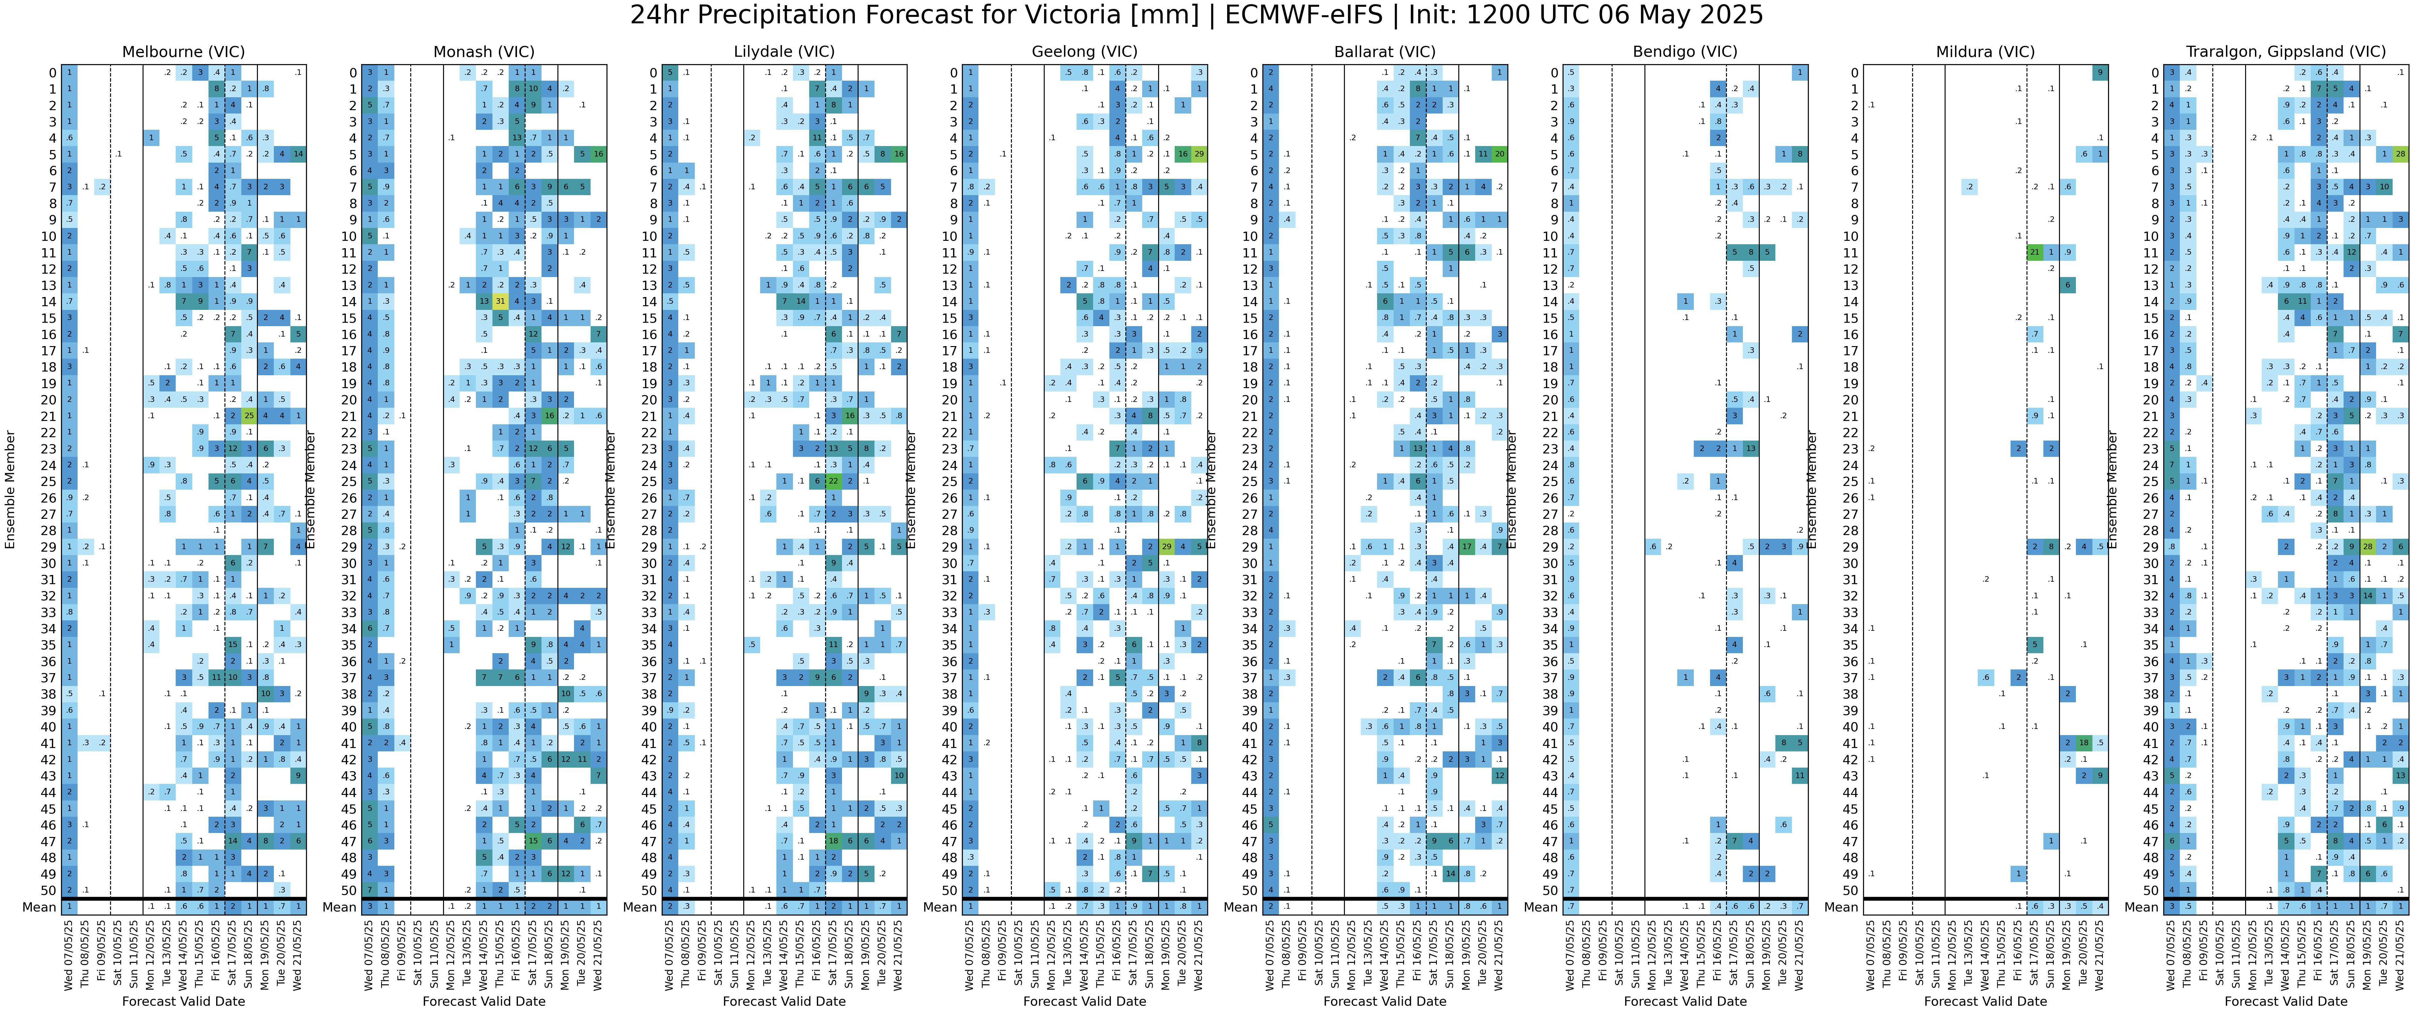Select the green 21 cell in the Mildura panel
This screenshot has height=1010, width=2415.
click(x=2034, y=252)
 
